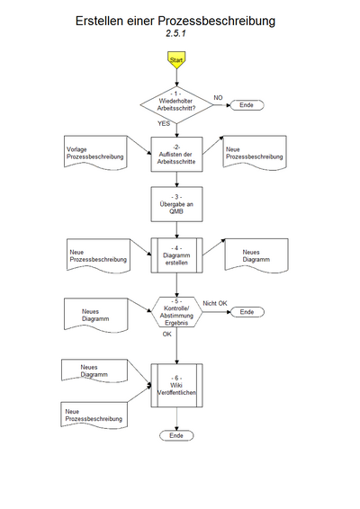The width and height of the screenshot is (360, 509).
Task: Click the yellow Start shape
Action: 176,59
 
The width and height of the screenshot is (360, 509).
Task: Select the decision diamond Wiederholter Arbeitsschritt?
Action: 176,103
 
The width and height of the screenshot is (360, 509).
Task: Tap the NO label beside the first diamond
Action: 218,97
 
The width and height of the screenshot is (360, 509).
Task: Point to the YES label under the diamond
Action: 164,123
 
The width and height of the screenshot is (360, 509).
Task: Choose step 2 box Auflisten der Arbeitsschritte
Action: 176,153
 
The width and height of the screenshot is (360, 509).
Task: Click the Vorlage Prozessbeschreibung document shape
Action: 94,153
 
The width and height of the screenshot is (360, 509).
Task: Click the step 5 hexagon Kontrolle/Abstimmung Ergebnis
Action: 176,311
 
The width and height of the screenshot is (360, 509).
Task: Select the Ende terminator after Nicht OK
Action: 248,312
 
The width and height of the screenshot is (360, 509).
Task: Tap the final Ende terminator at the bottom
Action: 176,435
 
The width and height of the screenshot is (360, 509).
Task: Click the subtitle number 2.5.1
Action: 176,32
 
